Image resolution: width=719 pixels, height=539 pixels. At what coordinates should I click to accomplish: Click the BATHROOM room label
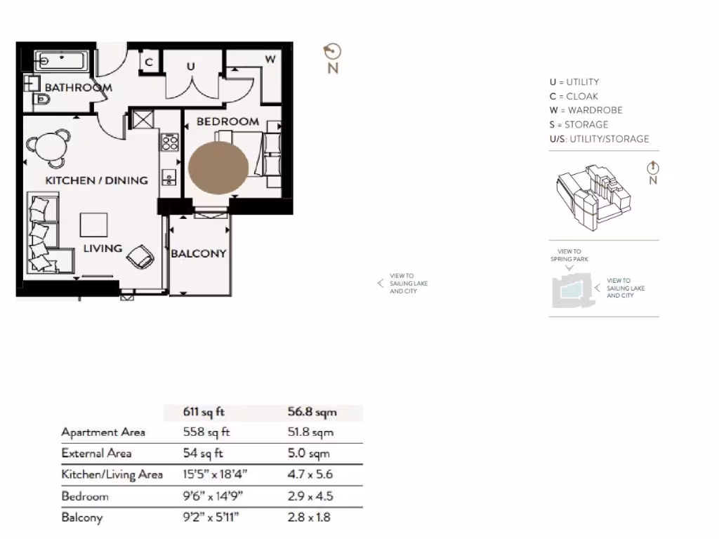[78, 88]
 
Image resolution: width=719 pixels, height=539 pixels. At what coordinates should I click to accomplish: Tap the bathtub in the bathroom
[60, 60]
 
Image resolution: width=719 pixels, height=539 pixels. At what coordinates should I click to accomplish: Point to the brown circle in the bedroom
[218, 168]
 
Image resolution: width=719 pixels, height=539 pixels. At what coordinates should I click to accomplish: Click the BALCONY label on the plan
[199, 253]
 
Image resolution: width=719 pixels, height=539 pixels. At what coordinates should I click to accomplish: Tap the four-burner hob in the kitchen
[169, 142]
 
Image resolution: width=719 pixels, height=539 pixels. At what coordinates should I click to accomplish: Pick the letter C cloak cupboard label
[149, 62]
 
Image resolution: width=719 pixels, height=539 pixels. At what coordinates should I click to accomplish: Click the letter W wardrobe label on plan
[270, 59]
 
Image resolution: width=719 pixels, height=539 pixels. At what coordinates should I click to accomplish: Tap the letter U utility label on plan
[190, 66]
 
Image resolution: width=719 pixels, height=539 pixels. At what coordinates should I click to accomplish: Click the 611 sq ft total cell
[204, 412]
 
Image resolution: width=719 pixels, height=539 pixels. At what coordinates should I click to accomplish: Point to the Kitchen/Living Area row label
[112, 474]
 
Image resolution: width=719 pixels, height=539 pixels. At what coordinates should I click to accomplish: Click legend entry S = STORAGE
[579, 124]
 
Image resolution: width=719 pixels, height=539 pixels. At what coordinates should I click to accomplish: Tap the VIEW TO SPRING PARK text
[569, 255]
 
